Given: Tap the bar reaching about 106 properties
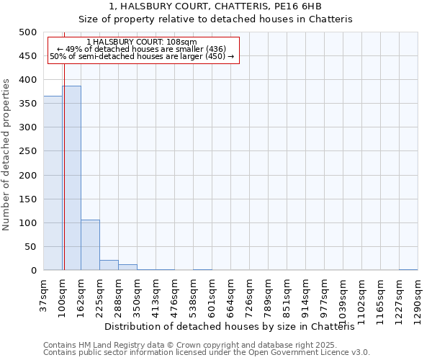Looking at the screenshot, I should (x=90, y=246).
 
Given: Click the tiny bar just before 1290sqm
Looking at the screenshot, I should (x=408, y=269).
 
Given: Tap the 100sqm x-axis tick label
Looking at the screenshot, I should (x=62, y=296).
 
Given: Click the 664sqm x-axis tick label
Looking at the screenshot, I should (x=230, y=296).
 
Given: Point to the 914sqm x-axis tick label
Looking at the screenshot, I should (x=305, y=296).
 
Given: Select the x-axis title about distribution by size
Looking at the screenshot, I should (x=235, y=326).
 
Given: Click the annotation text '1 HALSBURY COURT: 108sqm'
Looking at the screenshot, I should (x=141, y=42).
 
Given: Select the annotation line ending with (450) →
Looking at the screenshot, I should (x=142, y=56).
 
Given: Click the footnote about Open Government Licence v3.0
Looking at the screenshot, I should (x=207, y=353).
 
